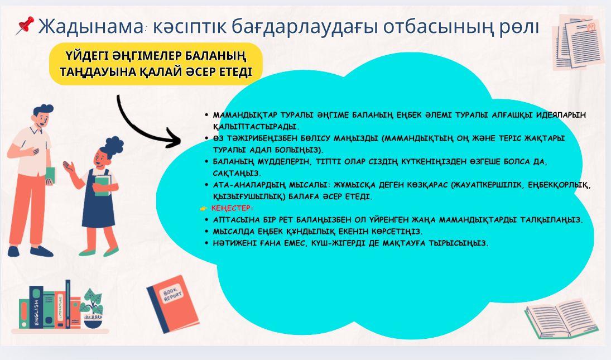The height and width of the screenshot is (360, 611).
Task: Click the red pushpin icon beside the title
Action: tap(25, 25)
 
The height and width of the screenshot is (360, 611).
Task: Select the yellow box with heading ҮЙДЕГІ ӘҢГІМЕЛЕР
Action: tap(156, 64)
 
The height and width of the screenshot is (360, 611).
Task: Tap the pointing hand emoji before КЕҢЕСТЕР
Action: tap(204, 209)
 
